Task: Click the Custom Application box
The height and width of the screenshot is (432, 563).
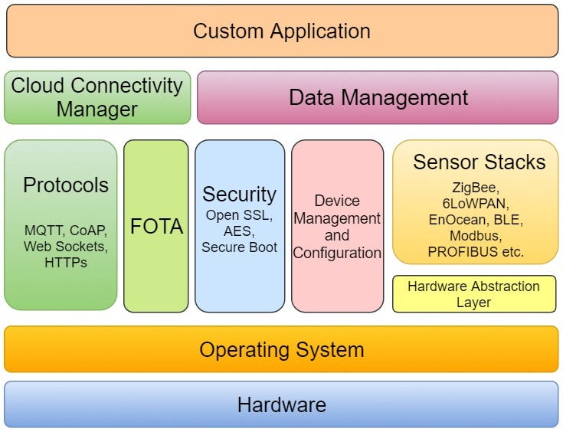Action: coord(281,31)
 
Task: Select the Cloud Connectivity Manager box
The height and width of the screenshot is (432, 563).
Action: coord(97,97)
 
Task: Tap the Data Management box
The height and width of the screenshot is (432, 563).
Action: coord(378,97)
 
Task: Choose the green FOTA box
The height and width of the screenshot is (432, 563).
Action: coord(155,227)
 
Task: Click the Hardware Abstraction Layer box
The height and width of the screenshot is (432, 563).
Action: coord(473,294)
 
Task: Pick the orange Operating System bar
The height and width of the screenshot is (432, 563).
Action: coord(281,350)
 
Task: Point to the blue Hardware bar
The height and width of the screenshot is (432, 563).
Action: coord(281,404)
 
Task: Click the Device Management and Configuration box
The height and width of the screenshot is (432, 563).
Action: coord(337,227)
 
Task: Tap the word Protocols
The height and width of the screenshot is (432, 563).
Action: coord(66,185)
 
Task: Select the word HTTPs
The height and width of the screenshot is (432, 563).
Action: coord(66,263)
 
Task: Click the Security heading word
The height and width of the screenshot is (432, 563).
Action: coord(239,194)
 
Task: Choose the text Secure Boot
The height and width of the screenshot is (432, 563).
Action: coord(239,247)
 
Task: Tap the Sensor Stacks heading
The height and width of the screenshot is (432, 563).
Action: coord(479,162)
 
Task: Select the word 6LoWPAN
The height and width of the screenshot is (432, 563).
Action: coord(475,202)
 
